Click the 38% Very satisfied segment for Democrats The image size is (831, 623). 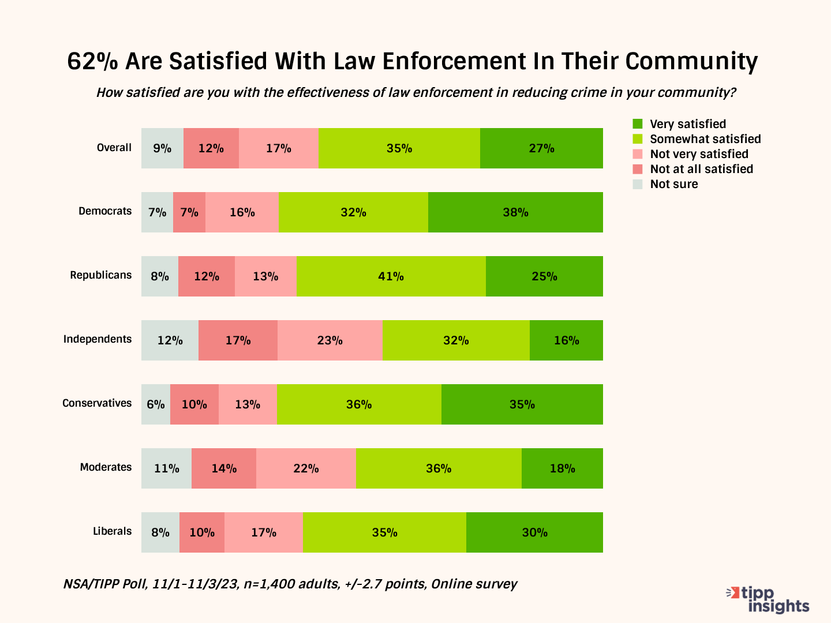[515, 212]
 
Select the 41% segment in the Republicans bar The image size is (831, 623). [391, 276]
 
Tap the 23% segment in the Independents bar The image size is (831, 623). [330, 340]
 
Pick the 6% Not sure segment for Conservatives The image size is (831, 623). [156, 404]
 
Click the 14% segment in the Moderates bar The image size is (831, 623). [224, 468]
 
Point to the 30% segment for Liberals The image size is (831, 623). [534, 532]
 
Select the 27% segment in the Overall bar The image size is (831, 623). [541, 148]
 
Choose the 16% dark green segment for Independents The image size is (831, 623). [566, 340]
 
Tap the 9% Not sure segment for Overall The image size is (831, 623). [162, 148]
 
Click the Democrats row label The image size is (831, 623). [105, 211]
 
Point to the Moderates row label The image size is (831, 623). [106, 467]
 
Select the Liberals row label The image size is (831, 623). [112, 531]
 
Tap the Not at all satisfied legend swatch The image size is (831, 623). [638, 169]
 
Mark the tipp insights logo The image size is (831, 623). [769, 600]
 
